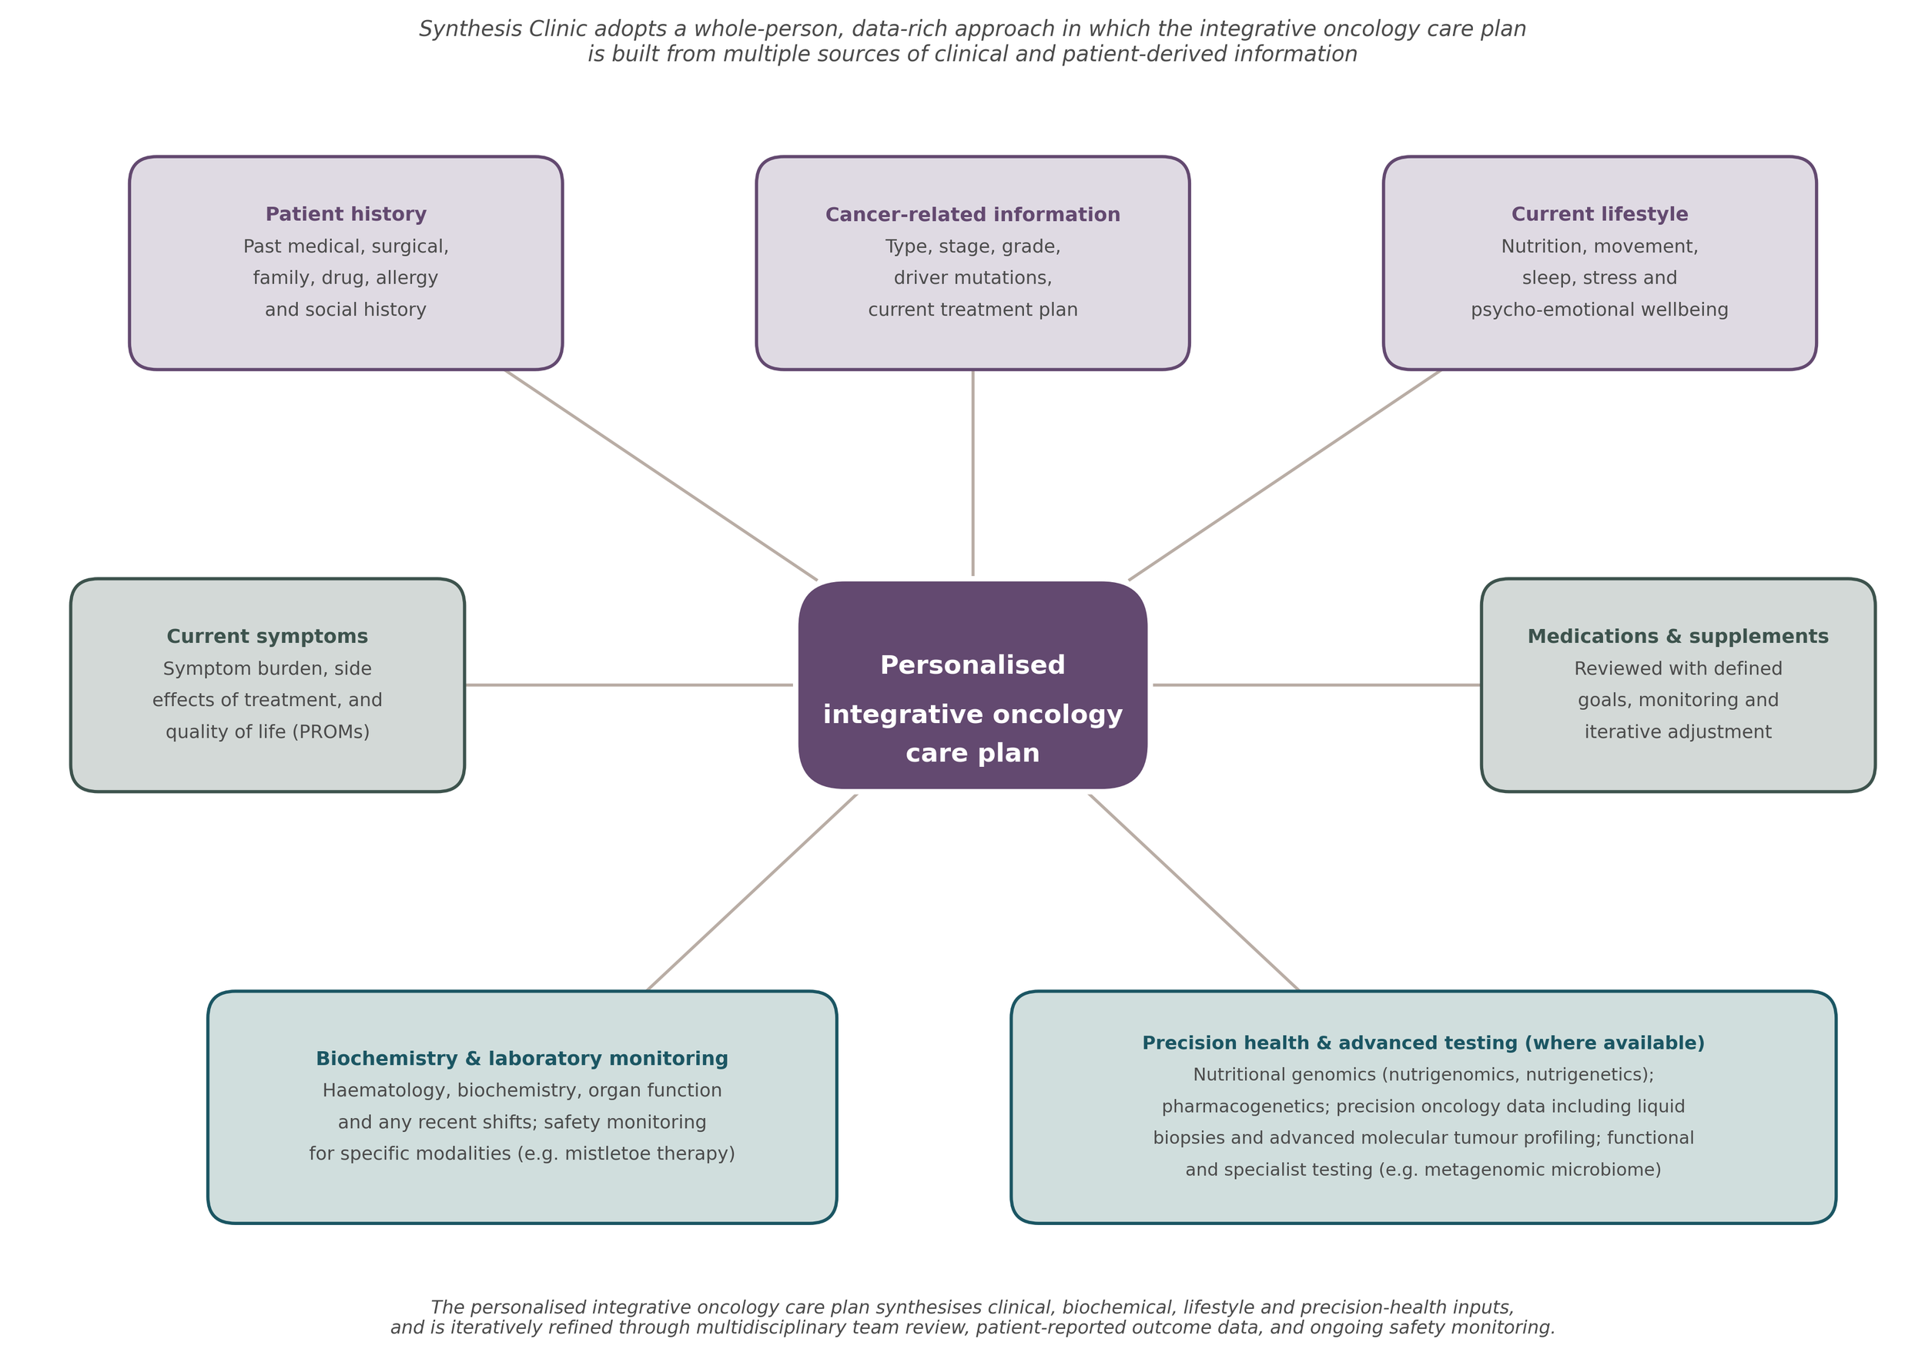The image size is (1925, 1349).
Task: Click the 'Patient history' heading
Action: click(346, 215)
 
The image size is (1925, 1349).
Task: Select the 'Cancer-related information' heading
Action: click(973, 215)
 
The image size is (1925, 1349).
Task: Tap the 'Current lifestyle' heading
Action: click(1600, 215)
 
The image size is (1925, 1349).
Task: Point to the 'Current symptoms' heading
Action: click(267, 636)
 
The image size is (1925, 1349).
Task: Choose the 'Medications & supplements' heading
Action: click(1678, 636)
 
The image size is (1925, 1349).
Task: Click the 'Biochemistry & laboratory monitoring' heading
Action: click(521, 1059)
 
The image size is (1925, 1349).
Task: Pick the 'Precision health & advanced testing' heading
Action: click(1330, 1043)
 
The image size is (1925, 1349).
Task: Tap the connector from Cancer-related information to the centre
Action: click(973, 473)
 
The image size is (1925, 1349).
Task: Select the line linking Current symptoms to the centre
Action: click(629, 685)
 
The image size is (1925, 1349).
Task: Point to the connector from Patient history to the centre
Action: click(661, 474)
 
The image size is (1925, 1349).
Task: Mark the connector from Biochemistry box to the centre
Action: click(752, 893)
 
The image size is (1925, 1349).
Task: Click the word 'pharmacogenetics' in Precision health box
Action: click(1245, 1106)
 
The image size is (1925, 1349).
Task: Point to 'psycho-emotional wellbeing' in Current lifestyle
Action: click(1600, 310)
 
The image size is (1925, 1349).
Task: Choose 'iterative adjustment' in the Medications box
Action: click(1678, 733)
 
